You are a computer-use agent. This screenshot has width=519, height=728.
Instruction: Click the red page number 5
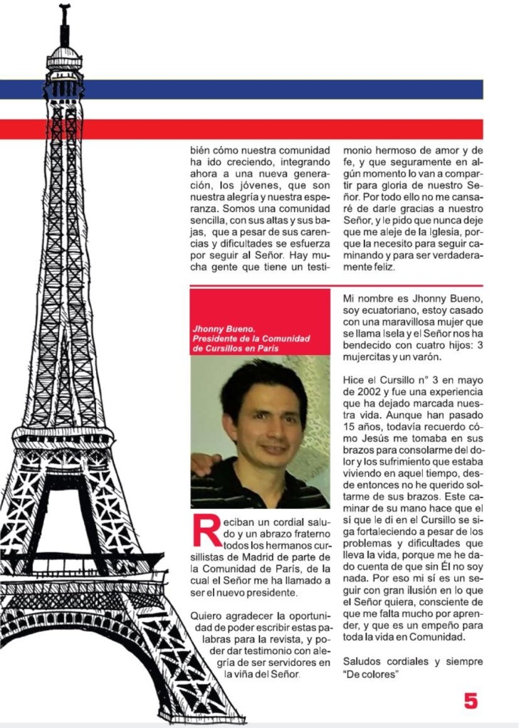click(x=471, y=700)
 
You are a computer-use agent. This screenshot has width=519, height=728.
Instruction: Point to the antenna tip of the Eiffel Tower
click(x=65, y=9)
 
